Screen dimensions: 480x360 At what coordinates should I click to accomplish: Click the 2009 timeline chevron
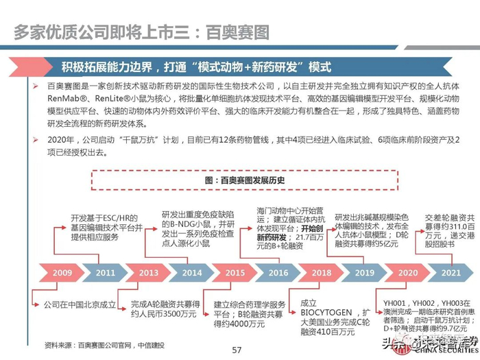62,273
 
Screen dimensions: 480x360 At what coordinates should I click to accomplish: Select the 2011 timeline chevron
105,273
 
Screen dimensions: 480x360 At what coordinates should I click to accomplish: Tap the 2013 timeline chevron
148,273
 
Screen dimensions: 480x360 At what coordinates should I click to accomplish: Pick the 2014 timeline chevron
192,273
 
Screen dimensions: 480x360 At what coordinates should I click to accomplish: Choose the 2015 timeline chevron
235,273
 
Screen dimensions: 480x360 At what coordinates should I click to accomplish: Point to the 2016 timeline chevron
278,273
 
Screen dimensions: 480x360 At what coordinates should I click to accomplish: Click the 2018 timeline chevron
322,273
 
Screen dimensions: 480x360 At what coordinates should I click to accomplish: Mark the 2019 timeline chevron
365,273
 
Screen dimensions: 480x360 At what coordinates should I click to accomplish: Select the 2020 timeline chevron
408,273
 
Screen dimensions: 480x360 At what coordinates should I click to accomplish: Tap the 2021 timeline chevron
450,273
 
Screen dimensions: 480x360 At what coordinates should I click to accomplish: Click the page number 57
237,350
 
